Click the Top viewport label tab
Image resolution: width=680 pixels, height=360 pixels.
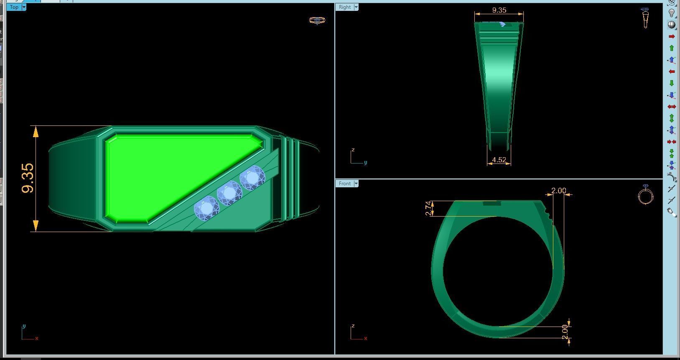[x=14, y=7]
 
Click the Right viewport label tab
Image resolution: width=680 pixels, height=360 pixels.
[x=344, y=7]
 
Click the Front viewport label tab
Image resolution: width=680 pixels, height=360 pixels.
[x=344, y=184]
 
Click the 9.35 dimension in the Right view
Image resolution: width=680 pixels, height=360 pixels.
[x=499, y=10]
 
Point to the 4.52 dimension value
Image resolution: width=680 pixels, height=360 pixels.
[x=499, y=160]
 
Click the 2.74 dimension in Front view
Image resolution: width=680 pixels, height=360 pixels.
[x=428, y=209]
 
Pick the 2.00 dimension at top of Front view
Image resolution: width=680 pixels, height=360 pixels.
[x=558, y=191]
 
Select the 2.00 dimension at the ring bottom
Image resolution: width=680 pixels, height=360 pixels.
[x=565, y=332]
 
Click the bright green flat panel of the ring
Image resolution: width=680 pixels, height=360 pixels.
[x=167, y=171]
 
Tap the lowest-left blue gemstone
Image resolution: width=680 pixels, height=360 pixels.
[x=206, y=208]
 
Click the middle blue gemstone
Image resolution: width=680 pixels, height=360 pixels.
[x=229, y=193]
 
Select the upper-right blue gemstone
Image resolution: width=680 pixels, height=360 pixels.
[x=252, y=178]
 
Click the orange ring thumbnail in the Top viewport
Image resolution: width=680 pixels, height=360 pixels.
[x=317, y=20]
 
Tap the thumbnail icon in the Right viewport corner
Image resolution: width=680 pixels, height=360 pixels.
[x=645, y=18]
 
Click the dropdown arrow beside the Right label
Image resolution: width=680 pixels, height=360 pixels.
[x=356, y=7]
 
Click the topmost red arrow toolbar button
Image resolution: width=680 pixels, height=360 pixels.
[x=672, y=36]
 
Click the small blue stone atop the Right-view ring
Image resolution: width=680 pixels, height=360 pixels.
[x=503, y=25]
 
